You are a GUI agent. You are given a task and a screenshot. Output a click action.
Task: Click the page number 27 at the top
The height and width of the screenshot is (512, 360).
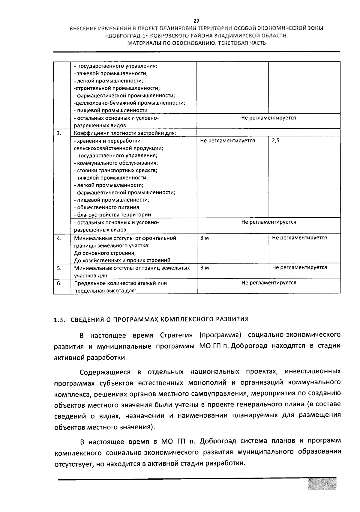coord(196,21)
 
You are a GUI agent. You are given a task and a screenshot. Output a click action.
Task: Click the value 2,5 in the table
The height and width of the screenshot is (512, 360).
coord(275,141)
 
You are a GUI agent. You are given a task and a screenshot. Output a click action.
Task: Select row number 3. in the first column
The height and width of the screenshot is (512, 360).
coord(59,133)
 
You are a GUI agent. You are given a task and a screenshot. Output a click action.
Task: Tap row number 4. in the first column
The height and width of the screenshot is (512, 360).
coord(59,238)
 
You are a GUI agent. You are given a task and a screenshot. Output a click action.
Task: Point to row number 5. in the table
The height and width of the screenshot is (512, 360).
coord(59,268)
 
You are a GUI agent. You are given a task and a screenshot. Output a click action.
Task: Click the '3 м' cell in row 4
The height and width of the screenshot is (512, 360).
coord(205,238)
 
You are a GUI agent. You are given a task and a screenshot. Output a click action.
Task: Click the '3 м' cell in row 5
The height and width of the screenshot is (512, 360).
coord(205,268)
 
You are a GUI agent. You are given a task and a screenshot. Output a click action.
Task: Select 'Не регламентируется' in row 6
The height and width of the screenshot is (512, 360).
coord(269,283)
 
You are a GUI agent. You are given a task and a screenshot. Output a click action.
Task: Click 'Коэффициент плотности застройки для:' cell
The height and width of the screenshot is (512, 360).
coord(125,133)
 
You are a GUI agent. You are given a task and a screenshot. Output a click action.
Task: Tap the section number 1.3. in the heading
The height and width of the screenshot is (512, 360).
coord(59,320)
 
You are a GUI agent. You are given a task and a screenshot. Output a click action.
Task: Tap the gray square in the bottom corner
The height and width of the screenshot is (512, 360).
coord(322,484)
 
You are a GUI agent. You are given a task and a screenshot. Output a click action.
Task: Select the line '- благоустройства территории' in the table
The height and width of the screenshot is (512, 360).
coord(112,215)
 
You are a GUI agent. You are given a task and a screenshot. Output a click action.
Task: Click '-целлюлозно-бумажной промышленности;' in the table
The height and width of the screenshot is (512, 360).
coord(129,103)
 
